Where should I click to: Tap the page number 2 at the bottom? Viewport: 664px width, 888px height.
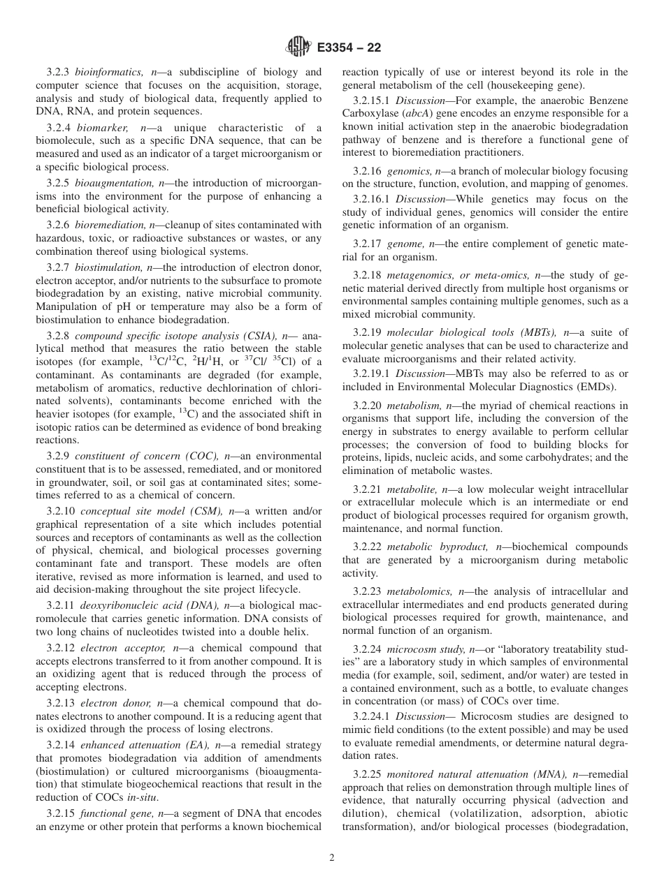(x=332, y=858)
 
